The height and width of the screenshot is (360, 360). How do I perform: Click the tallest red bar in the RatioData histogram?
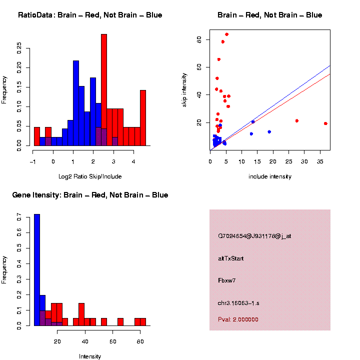104,90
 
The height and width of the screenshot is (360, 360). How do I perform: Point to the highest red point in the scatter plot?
226,34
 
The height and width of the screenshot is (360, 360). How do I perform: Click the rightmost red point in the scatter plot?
325,123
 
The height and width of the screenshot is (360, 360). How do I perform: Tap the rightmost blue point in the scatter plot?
269,132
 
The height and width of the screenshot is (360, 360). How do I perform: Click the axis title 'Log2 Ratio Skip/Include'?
90,176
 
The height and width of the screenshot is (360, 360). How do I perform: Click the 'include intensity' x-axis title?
270,176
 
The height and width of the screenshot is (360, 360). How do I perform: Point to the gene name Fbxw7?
227,280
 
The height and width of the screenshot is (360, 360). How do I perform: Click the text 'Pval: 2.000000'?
238,319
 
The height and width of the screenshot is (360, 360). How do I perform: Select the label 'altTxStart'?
231,258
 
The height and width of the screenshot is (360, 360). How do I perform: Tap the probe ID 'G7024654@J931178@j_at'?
254,236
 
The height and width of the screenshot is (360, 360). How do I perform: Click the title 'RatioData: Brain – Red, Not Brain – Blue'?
90,15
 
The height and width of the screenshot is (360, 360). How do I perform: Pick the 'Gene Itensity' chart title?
90,195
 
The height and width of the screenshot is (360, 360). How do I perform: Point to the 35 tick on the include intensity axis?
321,161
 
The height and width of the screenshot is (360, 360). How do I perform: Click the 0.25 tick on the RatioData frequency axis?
19,47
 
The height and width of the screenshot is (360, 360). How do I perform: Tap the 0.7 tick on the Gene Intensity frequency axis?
19,217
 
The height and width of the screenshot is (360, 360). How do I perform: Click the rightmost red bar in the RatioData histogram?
143,118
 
